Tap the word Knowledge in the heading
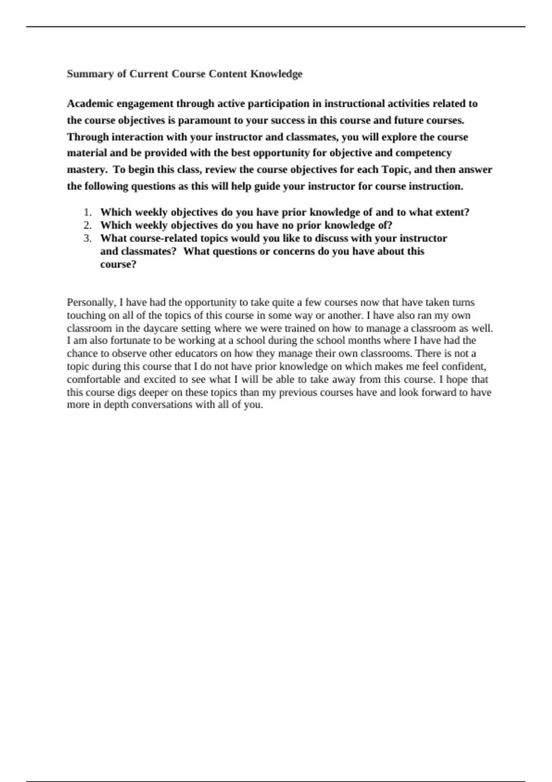[276, 74]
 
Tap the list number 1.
[87, 213]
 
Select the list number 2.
[87, 225]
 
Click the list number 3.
[87, 238]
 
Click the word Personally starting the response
[91, 303]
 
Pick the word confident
[464, 367]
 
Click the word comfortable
[94, 379]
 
